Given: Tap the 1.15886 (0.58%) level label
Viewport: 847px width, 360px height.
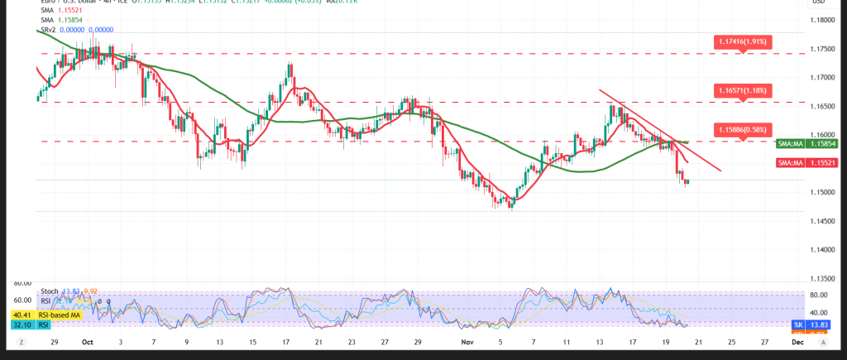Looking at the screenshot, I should click(743, 130).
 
